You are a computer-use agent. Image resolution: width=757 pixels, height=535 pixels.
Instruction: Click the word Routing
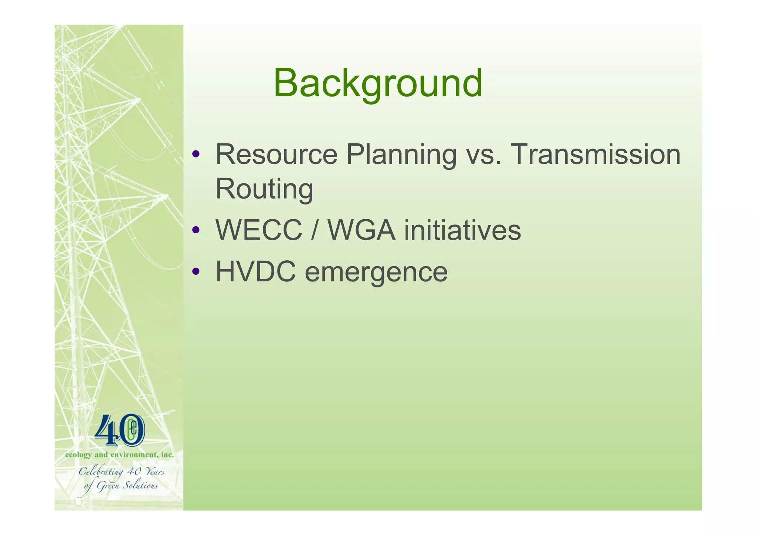264,189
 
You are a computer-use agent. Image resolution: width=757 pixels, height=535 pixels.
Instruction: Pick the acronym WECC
259,230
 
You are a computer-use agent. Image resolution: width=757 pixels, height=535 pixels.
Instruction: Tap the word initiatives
462,230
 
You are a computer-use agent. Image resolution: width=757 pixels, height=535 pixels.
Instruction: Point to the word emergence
376,272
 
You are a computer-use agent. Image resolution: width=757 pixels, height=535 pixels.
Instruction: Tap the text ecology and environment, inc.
119,455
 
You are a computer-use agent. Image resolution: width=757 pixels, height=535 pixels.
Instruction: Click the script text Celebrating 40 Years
121,472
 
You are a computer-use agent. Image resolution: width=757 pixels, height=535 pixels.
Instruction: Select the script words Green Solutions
127,485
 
